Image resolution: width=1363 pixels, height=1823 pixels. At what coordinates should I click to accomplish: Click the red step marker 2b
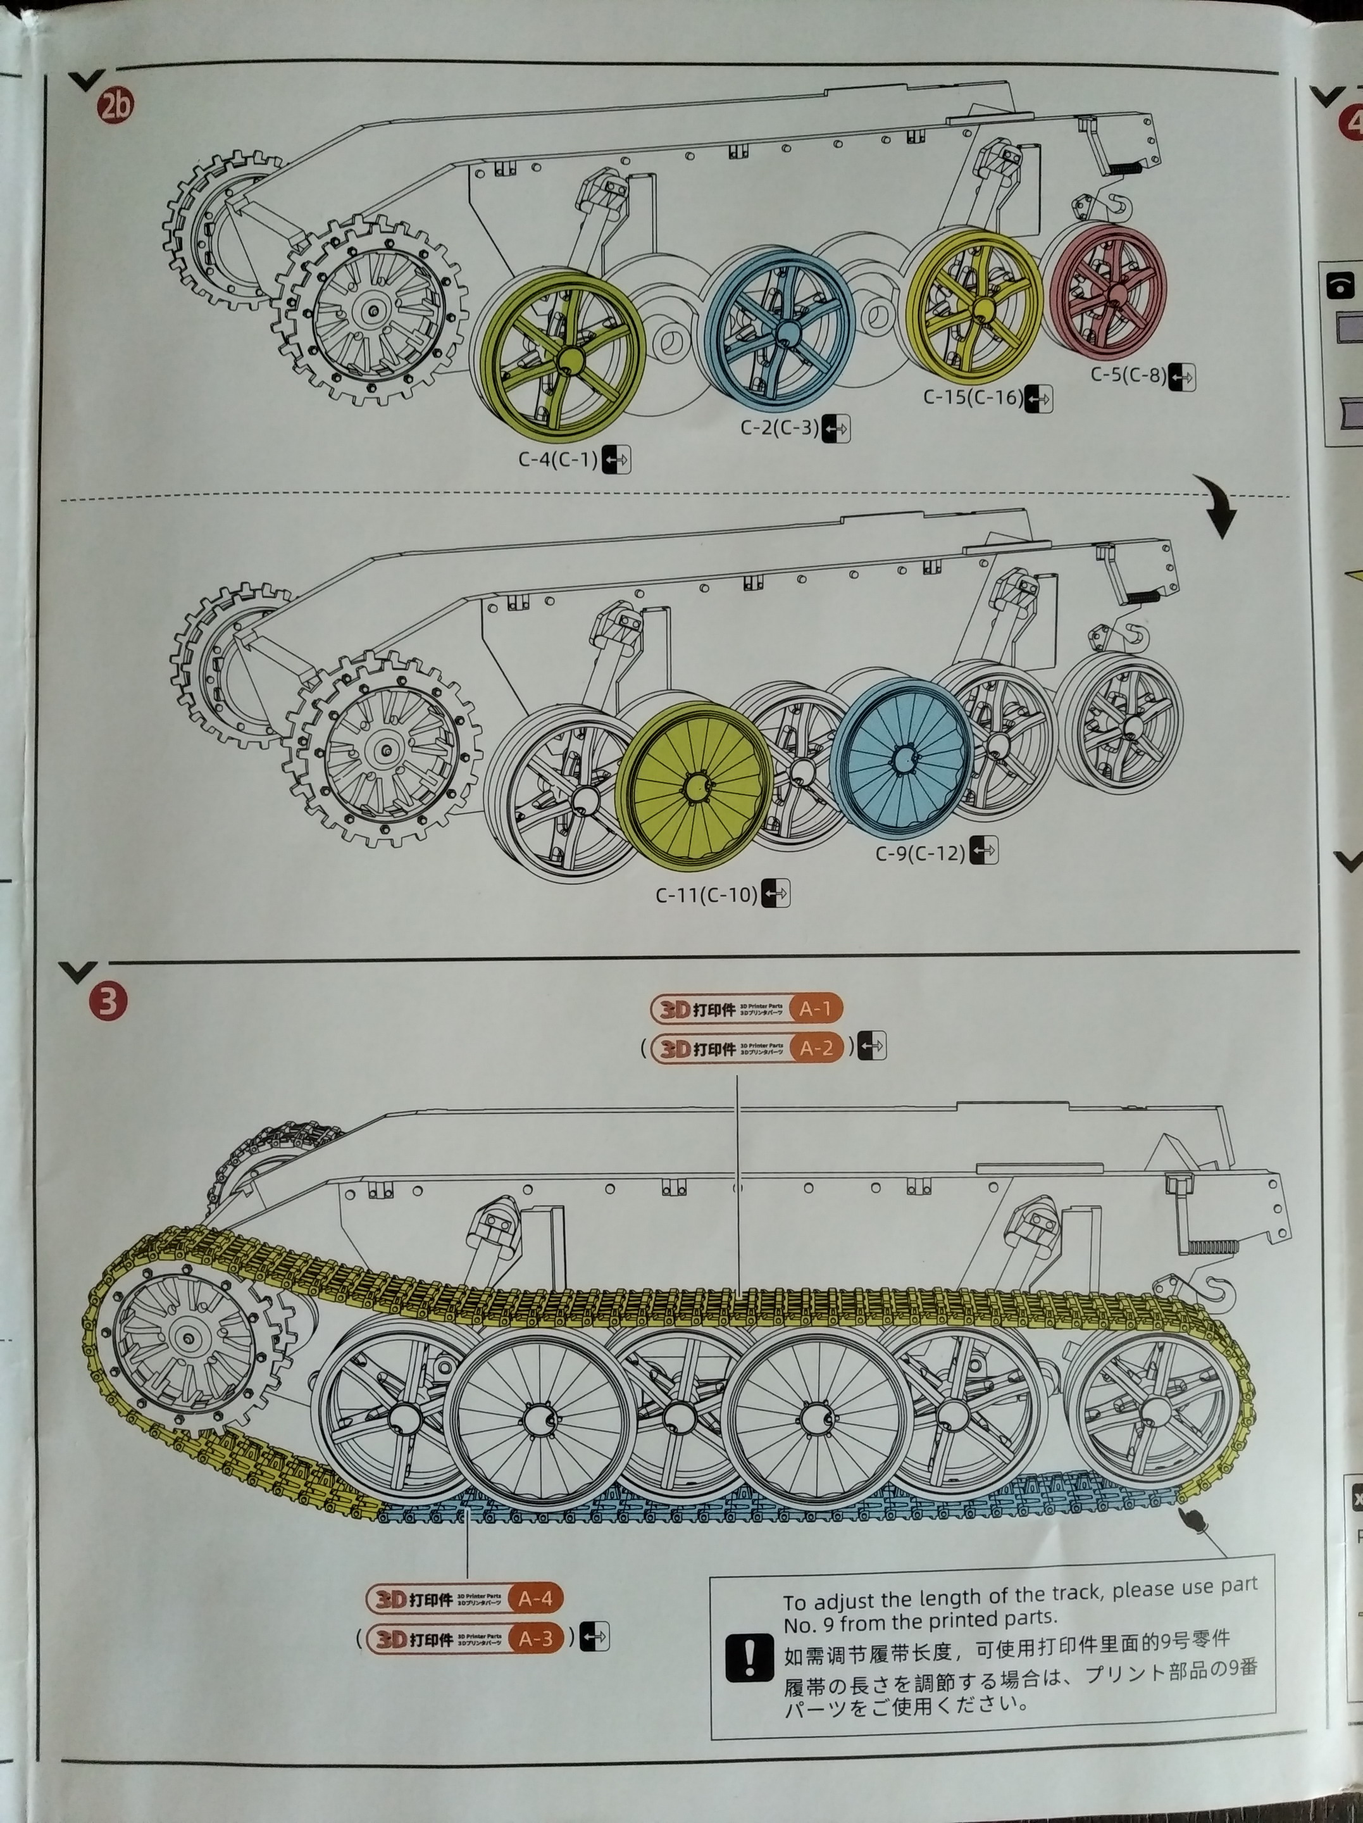[115, 106]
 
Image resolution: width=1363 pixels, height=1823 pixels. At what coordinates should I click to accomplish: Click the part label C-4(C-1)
[558, 459]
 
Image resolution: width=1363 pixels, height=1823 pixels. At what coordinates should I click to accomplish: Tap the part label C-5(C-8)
[1128, 375]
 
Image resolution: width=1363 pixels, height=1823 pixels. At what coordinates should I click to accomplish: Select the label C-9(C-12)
[919, 852]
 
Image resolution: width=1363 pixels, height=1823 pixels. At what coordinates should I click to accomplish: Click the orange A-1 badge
[816, 1008]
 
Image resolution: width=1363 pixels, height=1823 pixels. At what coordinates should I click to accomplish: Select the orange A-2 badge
[816, 1048]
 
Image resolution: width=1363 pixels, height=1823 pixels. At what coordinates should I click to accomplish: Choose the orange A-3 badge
[535, 1638]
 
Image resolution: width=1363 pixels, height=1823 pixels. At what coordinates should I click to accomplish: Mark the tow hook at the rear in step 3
[1211, 1293]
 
